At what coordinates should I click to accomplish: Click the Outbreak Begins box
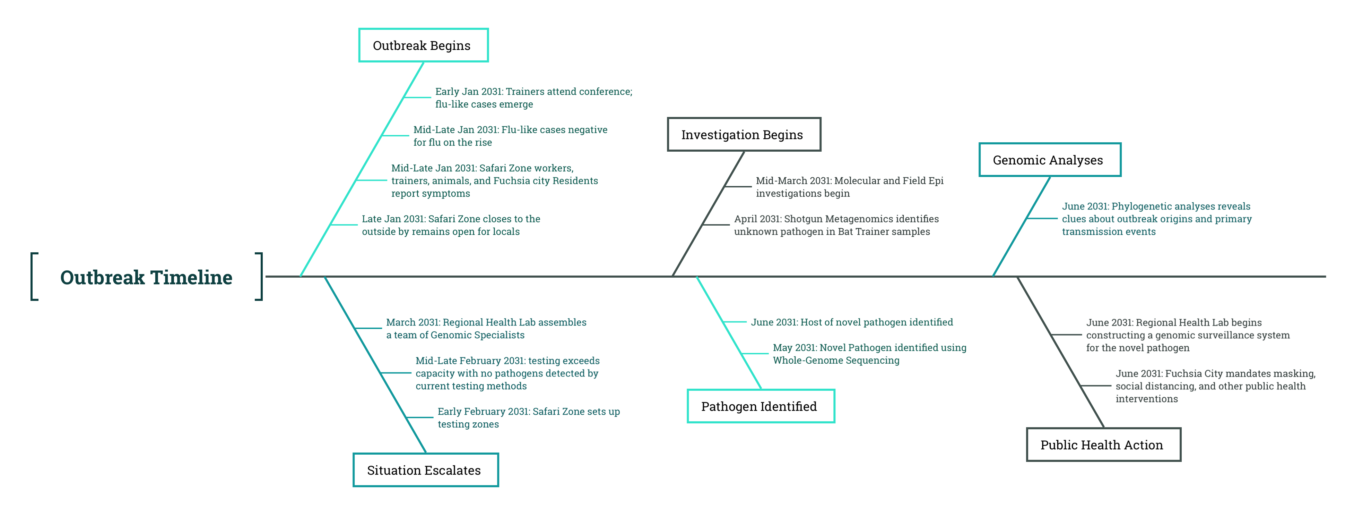[423, 45]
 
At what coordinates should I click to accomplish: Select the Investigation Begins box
[744, 135]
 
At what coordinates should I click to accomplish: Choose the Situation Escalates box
[425, 470]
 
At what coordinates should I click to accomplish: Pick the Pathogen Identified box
[761, 406]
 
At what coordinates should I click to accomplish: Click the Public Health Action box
[1103, 445]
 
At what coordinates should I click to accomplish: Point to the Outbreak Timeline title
[146, 277]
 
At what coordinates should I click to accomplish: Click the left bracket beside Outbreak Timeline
[34, 277]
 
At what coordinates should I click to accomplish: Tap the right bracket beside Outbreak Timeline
[259, 277]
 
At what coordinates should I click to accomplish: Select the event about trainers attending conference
[533, 98]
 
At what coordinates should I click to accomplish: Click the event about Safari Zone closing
[451, 225]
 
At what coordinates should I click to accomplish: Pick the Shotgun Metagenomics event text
[836, 225]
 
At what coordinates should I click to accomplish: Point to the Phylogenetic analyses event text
[1156, 219]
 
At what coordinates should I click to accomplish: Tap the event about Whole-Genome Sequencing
[869, 354]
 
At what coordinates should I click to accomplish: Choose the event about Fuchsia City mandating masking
[1215, 386]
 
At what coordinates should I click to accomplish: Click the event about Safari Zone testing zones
[529, 418]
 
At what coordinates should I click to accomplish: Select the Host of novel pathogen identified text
[851, 322]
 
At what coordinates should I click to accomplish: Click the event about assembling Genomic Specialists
[486, 329]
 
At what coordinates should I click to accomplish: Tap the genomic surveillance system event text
[1188, 335]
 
